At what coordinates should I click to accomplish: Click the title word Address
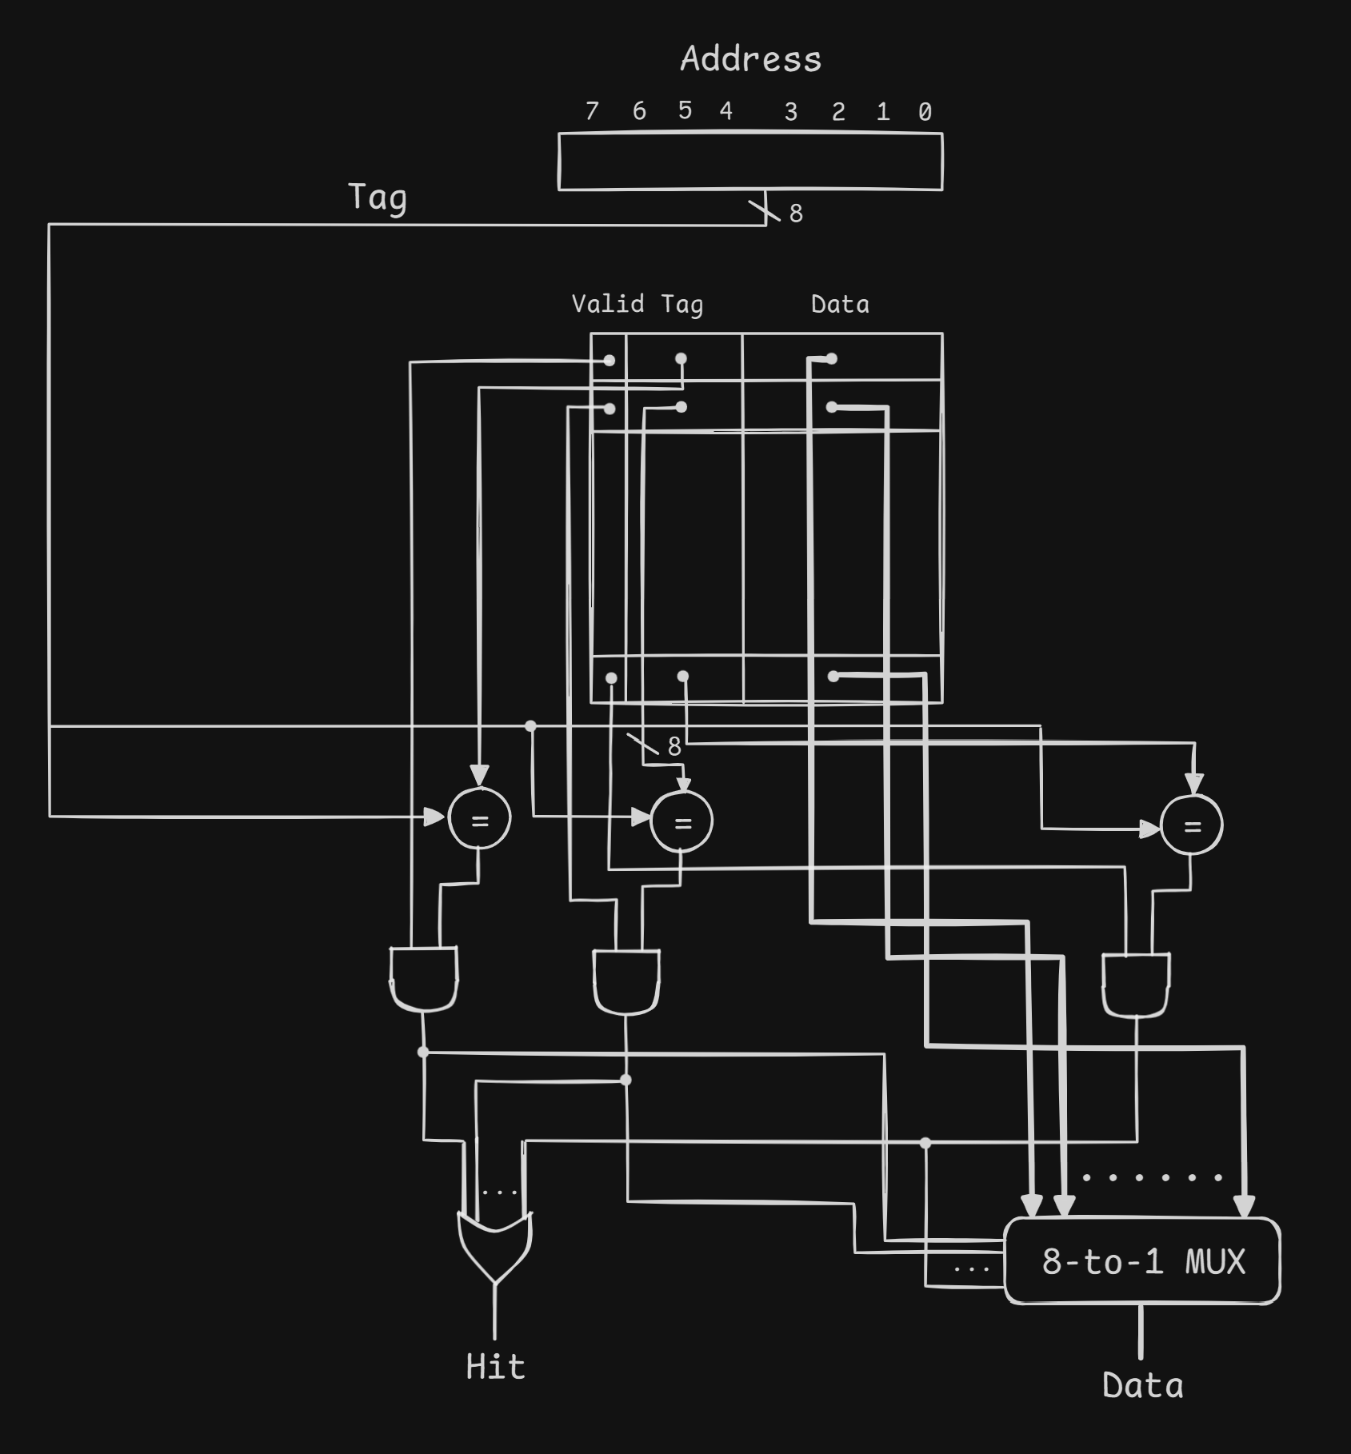coord(750,59)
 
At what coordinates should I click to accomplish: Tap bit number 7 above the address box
coord(592,110)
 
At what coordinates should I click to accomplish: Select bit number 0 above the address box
coord(925,111)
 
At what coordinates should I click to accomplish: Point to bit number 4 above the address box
coord(725,110)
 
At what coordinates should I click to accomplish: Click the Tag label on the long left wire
coord(378,198)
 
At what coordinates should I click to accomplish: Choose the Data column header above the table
coord(840,304)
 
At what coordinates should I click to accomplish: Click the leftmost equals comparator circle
coord(479,818)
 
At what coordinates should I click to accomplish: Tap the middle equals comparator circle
coord(681,822)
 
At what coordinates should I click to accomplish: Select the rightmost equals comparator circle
coord(1191,825)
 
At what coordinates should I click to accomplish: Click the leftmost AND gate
coord(424,978)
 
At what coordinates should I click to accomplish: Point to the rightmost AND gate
coord(1136,984)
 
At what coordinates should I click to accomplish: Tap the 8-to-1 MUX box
coord(1142,1261)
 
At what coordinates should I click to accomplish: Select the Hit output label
coord(495,1367)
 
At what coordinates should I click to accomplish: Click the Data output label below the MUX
coord(1142,1386)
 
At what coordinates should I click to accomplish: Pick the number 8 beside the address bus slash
coord(796,214)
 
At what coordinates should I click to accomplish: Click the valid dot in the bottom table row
coord(611,678)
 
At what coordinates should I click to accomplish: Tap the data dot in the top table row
coord(832,358)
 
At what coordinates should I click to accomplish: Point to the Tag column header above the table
coord(681,305)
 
